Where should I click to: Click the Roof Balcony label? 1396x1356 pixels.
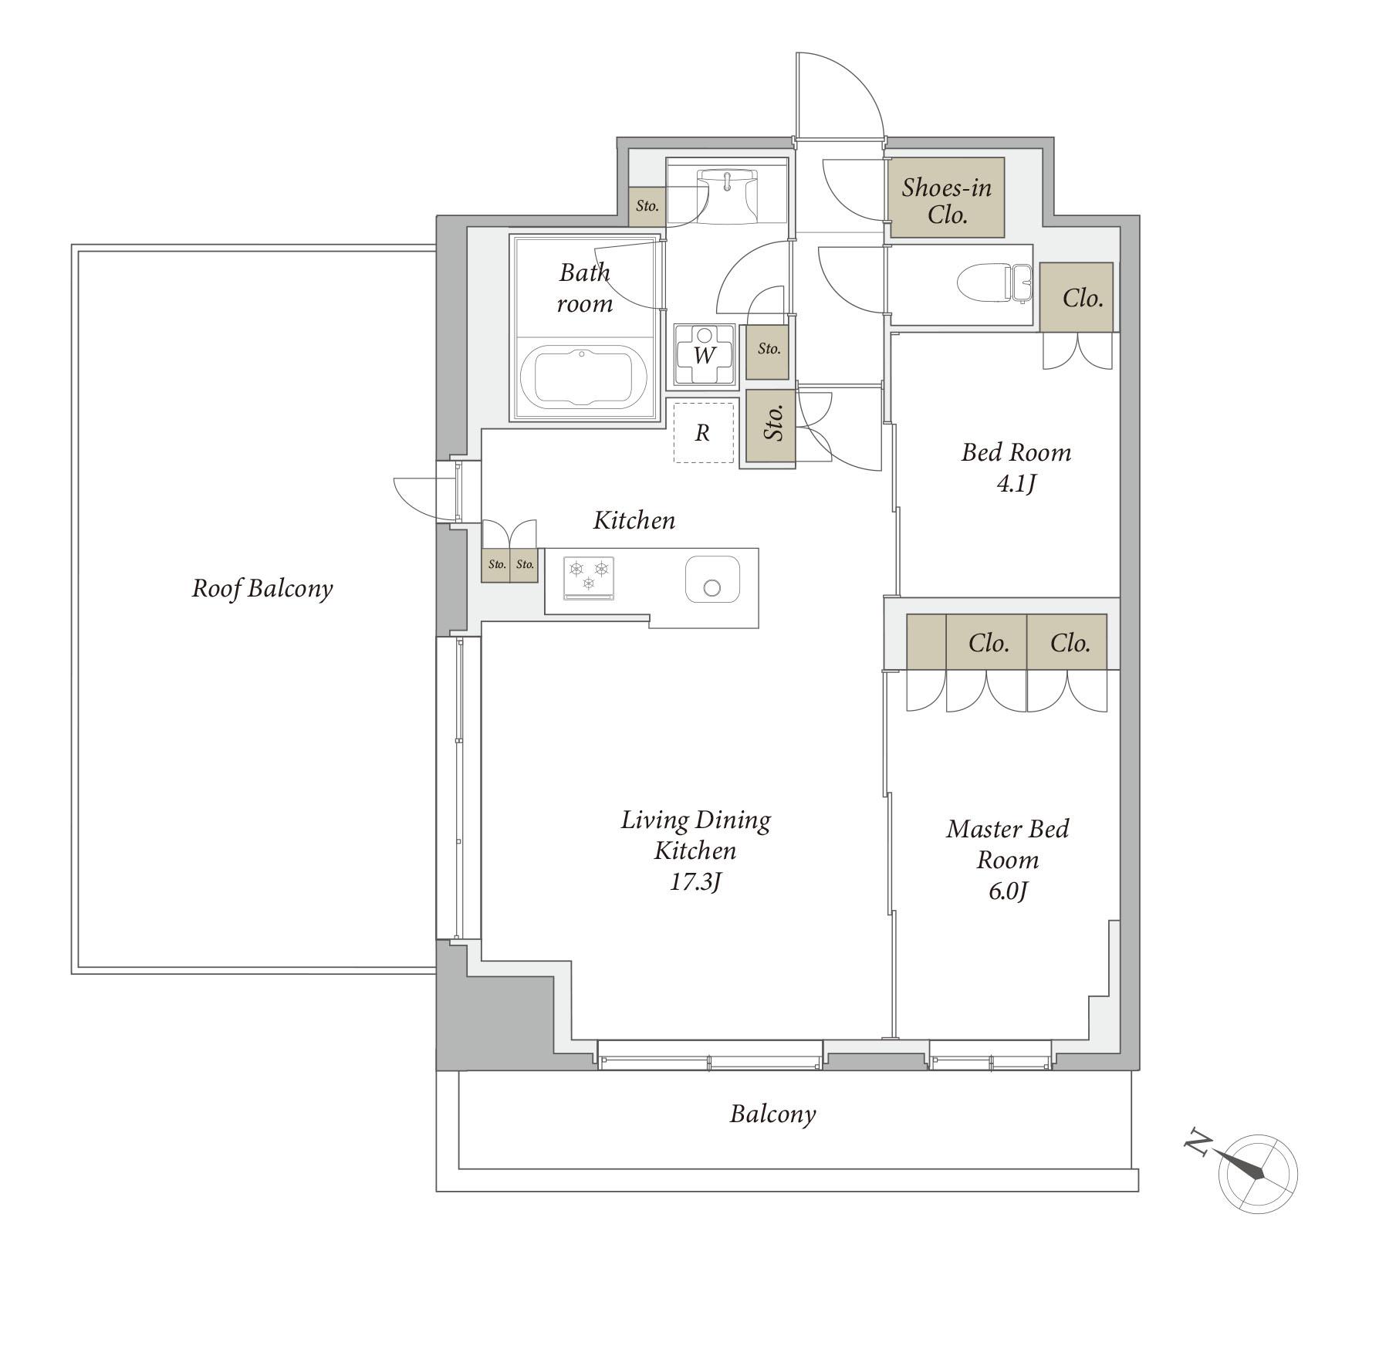pos(262,589)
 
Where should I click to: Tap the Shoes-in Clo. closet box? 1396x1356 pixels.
pos(947,198)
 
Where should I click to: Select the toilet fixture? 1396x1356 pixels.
pos(993,284)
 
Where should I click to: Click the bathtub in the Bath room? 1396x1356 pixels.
pos(584,376)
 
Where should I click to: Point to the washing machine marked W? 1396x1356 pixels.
pos(704,354)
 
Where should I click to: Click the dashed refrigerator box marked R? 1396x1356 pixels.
pos(703,433)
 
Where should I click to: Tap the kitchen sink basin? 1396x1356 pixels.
pos(712,580)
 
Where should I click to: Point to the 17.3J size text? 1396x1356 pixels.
pos(695,882)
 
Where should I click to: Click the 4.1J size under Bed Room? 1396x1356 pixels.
pos(1016,484)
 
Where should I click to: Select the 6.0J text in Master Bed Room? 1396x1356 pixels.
pos(1008,891)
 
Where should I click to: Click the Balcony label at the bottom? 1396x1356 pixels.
pos(772,1114)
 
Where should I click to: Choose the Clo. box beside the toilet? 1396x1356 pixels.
pos(1077,297)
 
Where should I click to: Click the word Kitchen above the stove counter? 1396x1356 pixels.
pos(634,520)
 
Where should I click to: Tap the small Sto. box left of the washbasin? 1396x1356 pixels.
pos(647,207)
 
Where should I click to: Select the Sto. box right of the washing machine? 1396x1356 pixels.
pos(767,351)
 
